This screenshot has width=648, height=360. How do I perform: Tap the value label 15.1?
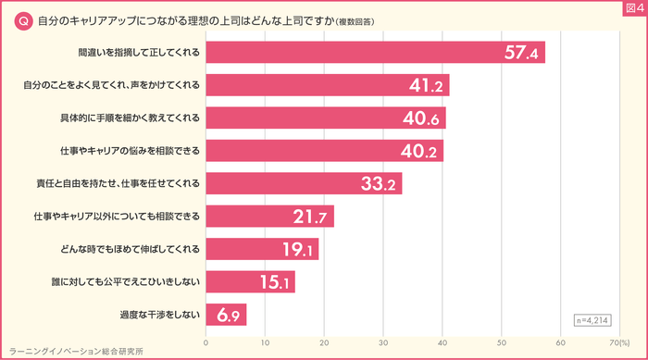tap(275, 282)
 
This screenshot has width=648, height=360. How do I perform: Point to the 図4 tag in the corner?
tap(631, 9)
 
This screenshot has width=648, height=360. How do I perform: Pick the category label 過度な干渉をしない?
tap(160, 315)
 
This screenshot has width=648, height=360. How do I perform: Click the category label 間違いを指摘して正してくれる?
tap(141, 52)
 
